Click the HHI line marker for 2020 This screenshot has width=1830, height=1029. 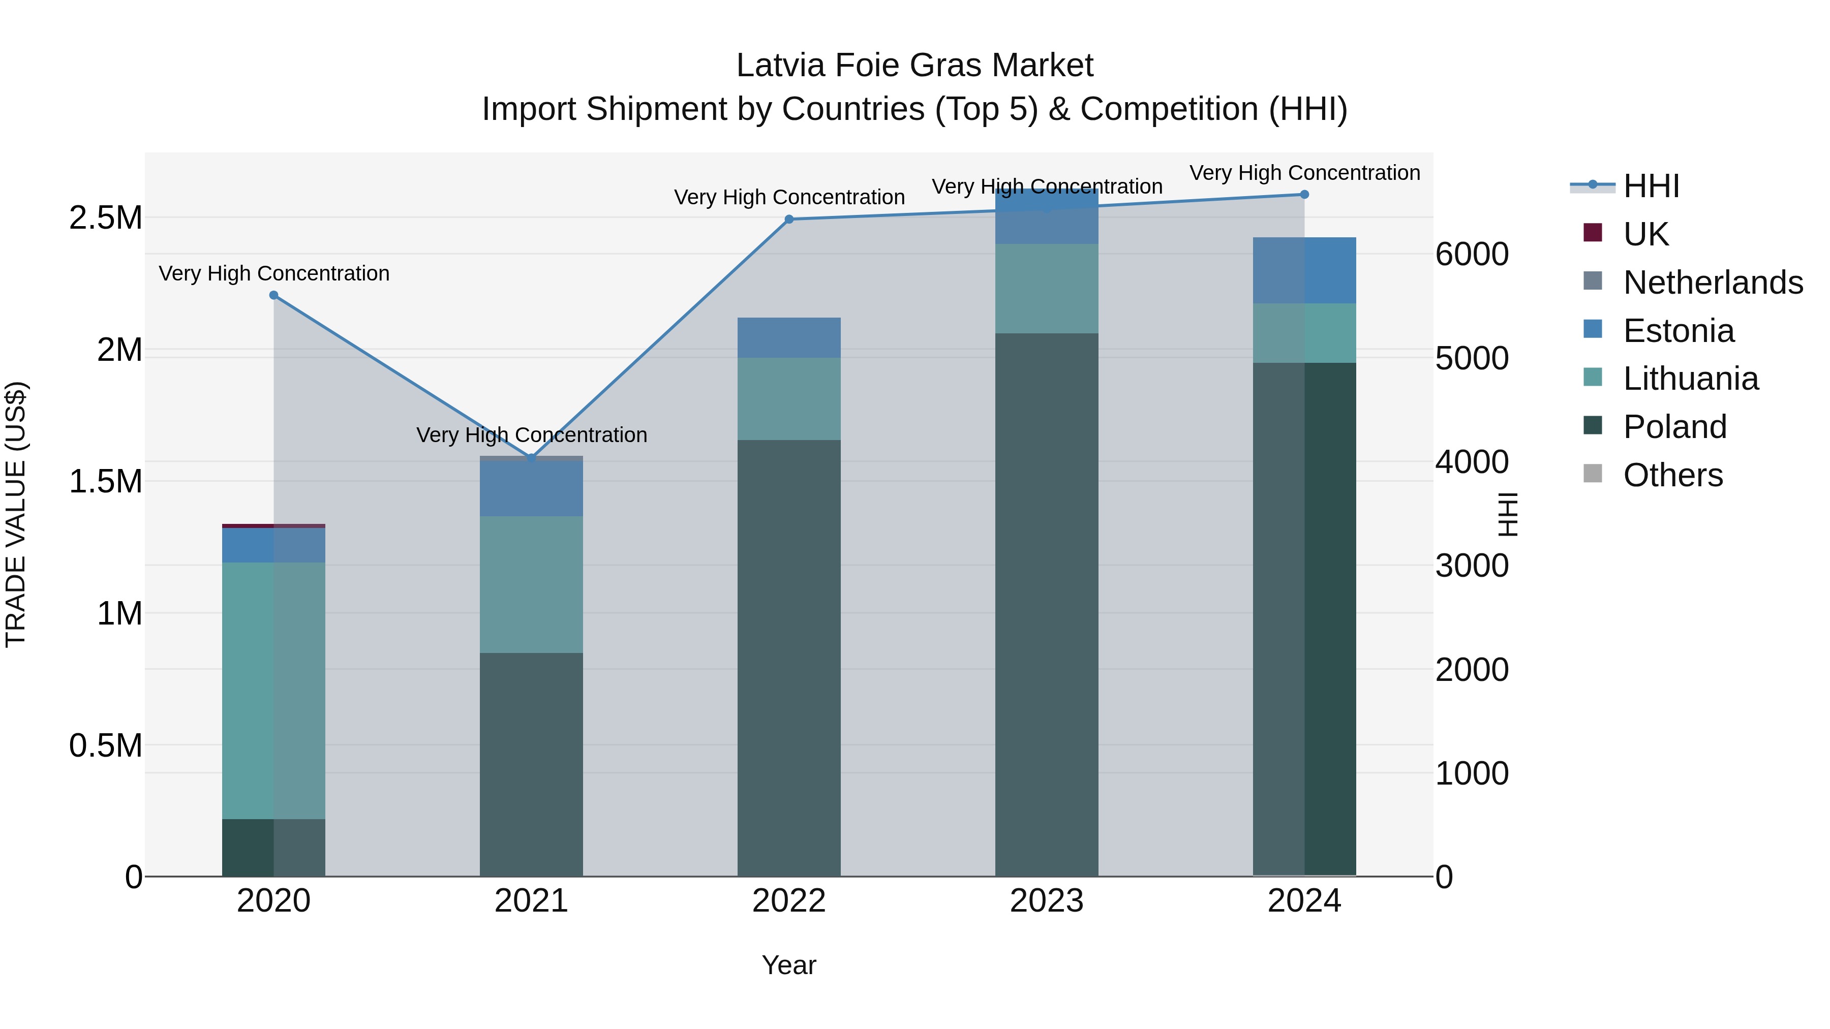point(273,295)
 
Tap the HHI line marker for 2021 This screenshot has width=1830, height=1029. point(531,458)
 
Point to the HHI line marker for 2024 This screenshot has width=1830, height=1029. point(1304,195)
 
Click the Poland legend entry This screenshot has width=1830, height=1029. point(1674,427)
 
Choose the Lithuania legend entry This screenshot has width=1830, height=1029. point(1690,379)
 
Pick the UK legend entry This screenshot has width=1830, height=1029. point(1645,234)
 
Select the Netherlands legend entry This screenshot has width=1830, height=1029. point(1712,283)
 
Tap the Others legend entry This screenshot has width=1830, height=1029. point(1672,475)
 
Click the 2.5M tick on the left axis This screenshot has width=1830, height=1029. point(105,218)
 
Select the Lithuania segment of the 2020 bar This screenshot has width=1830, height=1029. point(273,690)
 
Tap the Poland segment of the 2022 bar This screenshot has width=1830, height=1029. point(788,658)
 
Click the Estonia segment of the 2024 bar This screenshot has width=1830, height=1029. point(1304,270)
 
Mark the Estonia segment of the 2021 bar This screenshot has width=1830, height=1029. point(531,488)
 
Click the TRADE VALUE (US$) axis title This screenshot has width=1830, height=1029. point(16,514)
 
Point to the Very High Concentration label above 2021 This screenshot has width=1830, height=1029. point(531,434)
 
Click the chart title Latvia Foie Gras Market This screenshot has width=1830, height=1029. point(914,66)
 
